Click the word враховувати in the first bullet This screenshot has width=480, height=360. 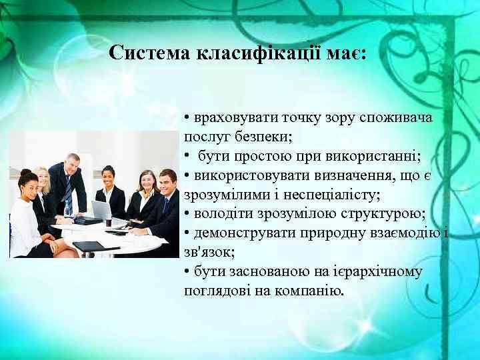[x=231, y=118]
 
